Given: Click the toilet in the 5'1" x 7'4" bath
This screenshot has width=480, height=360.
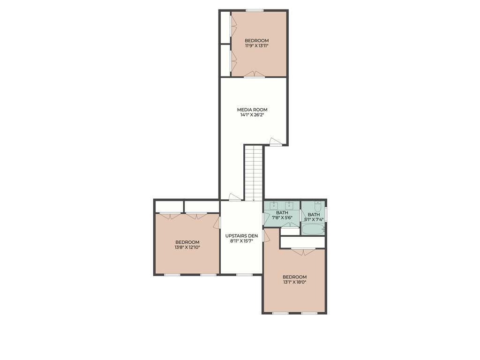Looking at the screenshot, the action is tap(318, 207).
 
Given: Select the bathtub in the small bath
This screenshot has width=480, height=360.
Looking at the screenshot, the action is tap(313, 229).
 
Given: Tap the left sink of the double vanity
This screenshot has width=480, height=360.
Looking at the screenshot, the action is tap(271, 205).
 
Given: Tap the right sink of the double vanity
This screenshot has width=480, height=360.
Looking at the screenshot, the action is tap(289, 205).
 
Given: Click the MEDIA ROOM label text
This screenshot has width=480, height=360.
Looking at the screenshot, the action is tap(252, 110).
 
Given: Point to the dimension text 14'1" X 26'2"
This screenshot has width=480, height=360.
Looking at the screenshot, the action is tap(252, 115).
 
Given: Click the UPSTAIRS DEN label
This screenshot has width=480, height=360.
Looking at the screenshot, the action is tap(241, 236).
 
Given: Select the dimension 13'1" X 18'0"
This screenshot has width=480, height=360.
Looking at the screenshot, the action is tap(294, 282).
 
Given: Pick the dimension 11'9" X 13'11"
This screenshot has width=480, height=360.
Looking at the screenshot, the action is tap(256, 46).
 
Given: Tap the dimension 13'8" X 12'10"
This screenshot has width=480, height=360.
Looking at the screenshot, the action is tap(187, 247).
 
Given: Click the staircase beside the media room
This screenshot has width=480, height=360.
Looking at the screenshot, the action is tap(254, 173).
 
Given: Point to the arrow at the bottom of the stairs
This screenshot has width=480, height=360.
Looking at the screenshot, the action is tap(254, 198).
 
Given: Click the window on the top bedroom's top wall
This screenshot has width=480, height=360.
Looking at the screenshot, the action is tap(255, 11).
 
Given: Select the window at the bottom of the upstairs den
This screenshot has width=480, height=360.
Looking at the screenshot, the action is tap(244, 275).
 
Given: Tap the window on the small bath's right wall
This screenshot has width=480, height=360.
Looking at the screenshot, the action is tap(326, 214).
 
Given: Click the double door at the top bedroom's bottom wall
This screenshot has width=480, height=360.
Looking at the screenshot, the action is tap(255, 75).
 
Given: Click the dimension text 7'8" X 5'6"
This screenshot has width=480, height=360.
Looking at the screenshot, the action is tap(282, 218).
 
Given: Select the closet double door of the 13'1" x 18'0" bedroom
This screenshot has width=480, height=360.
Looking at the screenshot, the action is tap(303, 252).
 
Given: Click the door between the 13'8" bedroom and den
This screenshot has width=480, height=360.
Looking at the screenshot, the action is tap(217, 222).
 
